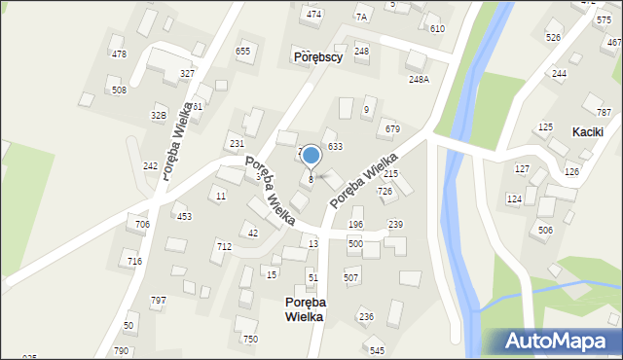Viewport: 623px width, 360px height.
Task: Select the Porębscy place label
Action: click(317, 57)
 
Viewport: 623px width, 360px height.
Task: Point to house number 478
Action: click(119, 54)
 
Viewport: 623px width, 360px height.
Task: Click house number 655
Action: click(243, 52)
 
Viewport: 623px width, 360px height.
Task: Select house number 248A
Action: click(419, 80)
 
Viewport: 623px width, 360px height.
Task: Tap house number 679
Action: click(392, 129)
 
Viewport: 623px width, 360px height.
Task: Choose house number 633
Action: click(335, 146)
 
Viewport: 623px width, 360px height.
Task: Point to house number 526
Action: click(553, 38)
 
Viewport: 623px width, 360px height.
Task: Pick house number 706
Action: click(142, 225)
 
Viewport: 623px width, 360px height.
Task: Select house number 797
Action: click(159, 300)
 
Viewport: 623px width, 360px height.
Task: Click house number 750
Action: click(250, 339)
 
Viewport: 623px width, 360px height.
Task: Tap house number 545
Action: click(377, 350)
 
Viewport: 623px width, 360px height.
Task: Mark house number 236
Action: click(366, 317)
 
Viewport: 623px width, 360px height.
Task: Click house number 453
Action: click(184, 217)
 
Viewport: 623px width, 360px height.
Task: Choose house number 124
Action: click(514, 199)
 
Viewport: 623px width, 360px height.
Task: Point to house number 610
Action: click(437, 29)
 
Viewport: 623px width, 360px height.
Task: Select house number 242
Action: click(150, 166)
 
